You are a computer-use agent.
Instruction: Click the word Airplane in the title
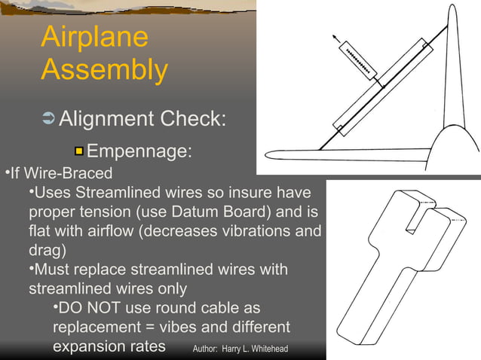click(x=94, y=38)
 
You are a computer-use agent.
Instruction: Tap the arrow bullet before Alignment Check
click(x=47, y=119)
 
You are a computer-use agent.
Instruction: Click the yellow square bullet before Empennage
click(x=78, y=153)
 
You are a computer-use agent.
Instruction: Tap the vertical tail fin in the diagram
click(x=455, y=75)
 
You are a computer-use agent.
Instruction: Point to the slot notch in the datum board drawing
click(x=413, y=219)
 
